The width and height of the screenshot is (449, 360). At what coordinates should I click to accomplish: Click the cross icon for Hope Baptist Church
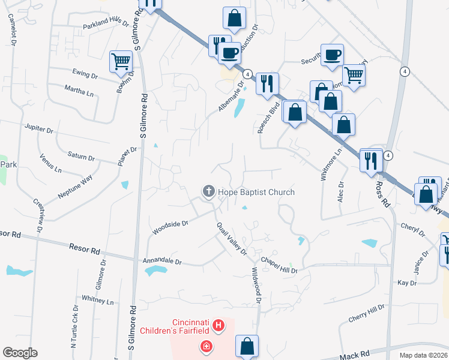[x=209, y=191]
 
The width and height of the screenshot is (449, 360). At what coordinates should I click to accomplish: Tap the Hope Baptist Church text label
[x=256, y=192]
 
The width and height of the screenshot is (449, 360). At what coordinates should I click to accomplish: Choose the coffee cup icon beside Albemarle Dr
[x=229, y=53]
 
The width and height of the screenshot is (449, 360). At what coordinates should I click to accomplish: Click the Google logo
[x=20, y=353]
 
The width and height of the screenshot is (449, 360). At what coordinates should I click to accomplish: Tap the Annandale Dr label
[x=161, y=262]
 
